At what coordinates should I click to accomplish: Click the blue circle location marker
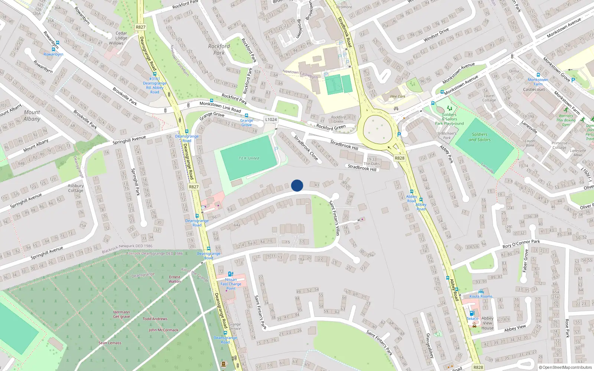(297, 185)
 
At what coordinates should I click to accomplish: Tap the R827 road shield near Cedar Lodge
(141, 27)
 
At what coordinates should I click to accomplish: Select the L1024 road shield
(271, 119)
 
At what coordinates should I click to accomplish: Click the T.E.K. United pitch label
(249, 158)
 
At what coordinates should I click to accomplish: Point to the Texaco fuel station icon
(472, 313)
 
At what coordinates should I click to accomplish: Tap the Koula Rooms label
(481, 296)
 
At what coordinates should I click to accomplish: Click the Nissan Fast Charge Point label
(231, 284)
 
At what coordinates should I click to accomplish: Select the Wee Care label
(398, 96)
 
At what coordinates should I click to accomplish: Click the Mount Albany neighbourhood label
(32, 115)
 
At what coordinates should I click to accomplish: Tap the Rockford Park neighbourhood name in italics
(219, 49)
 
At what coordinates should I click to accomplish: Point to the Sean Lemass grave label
(110, 343)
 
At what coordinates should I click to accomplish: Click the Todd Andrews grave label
(155, 319)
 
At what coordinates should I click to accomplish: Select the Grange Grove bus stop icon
(247, 116)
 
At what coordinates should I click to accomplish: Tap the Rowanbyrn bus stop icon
(54, 49)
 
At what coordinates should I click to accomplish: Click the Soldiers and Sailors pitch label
(480, 137)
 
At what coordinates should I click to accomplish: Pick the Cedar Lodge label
(121, 36)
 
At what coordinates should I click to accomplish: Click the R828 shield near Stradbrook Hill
(399, 158)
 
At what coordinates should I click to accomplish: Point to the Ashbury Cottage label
(76, 188)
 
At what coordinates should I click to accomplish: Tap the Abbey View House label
(487, 323)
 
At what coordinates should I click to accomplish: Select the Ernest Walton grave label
(174, 279)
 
